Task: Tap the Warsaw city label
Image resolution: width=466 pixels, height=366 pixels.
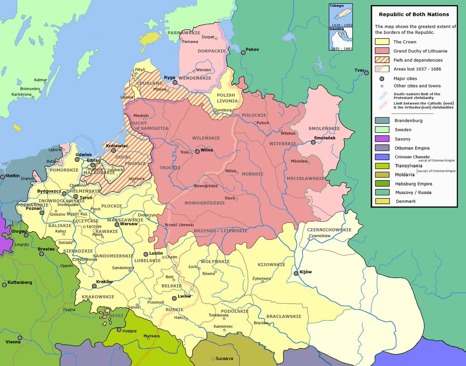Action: click(128, 224)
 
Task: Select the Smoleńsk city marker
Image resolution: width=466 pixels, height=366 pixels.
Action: click(313, 142)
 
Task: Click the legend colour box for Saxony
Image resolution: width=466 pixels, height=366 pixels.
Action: click(382, 139)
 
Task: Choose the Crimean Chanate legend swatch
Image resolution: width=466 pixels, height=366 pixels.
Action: click(382, 157)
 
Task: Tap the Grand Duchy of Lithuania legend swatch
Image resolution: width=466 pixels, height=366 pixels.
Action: click(382, 51)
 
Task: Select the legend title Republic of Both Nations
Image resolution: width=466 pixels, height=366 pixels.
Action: click(414, 14)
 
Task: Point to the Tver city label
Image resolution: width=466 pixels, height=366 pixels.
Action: click(358, 70)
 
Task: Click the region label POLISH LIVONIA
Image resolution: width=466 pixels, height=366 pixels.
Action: click(226, 98)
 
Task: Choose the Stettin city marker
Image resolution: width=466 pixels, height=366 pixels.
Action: click(3, 177)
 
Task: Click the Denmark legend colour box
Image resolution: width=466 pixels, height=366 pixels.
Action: click(382, 201)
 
